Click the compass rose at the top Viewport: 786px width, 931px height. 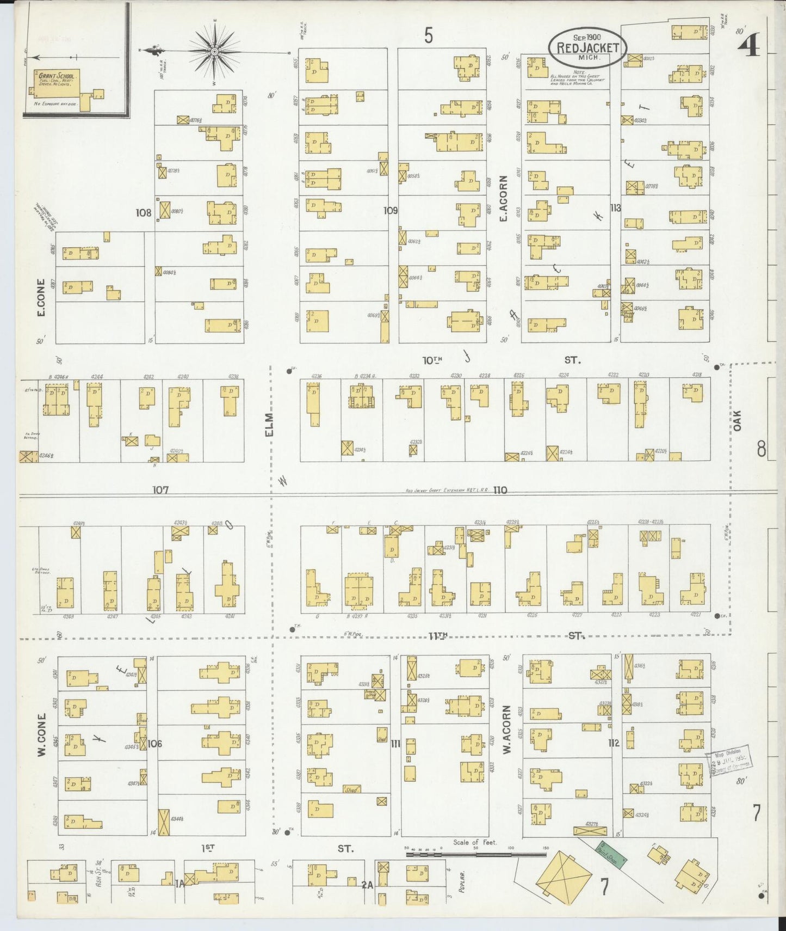coord(214,51)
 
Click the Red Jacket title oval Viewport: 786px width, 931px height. coord(587,47)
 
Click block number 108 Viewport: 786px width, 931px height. coord(144,213)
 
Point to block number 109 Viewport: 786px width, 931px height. coord(390,210)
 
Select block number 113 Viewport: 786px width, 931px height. coord(615,207)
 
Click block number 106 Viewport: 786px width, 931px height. coord(155,743)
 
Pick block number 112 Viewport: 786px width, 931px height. coord(614,743)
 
